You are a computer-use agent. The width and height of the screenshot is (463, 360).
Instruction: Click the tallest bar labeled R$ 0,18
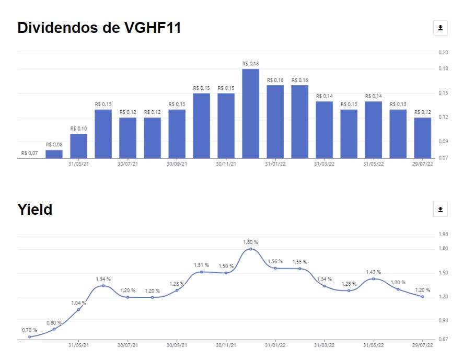[250, 113]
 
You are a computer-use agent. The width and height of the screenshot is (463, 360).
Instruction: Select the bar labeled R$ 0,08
[54, 154]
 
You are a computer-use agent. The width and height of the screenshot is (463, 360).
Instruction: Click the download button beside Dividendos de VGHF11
[441, 28]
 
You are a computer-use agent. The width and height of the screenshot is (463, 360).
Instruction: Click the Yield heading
[34, 210]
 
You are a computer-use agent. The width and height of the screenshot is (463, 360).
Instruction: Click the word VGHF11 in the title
[151, 28]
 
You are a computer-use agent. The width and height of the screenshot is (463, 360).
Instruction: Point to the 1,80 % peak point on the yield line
[251, 249]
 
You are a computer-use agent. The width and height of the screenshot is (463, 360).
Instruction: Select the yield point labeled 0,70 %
[29, 337]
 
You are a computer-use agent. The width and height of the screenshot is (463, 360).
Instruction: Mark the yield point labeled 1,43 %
[373, 279]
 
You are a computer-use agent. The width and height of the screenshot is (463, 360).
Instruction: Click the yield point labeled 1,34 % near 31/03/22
[325, 286]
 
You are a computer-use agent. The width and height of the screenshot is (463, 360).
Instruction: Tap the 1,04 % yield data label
[78, 303]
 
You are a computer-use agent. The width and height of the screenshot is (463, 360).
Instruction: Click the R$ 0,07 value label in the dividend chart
[29, 153]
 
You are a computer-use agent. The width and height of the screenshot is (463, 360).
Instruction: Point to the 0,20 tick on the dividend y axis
[443, 52]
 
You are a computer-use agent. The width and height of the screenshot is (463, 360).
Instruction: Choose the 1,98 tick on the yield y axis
[443, 234]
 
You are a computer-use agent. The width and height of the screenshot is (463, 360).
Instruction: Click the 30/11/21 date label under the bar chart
[226, 164]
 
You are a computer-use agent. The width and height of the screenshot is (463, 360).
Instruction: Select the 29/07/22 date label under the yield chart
[423, 345]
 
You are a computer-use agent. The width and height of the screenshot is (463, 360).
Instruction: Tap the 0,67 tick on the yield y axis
[443, 340]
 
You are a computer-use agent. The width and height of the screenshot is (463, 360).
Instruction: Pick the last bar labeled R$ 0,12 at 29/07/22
[423, 137]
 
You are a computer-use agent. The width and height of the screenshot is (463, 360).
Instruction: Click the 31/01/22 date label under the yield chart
[275, 345]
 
